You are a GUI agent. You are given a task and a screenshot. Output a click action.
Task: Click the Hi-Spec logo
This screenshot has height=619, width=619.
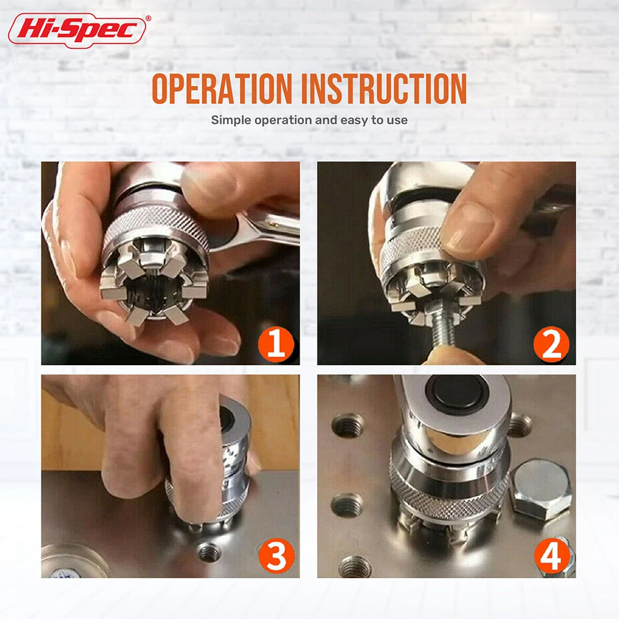tap(77, 30)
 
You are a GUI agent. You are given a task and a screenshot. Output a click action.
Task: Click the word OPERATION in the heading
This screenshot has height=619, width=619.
tap(222, 89)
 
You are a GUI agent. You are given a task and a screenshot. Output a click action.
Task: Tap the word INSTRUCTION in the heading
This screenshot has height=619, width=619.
tap(384, 89)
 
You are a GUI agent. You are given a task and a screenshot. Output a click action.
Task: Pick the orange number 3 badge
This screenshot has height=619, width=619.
tap(276, 556)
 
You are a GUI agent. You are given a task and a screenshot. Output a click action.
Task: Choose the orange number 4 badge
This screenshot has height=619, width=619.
tap(552, 556)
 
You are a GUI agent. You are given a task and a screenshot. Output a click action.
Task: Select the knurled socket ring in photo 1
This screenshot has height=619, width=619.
tap(155, 227)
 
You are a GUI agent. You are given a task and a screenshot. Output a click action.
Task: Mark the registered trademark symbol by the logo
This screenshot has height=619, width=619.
tap(148, 18)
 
